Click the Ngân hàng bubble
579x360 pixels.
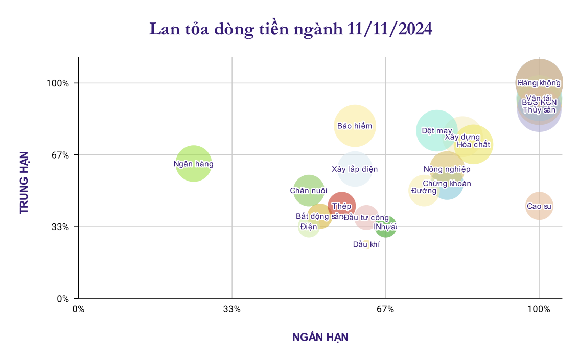194,164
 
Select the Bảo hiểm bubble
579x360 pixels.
355,126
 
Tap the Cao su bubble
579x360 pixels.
539,206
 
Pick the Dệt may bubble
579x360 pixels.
436,130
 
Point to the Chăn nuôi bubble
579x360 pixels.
309,190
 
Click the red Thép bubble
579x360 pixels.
341,206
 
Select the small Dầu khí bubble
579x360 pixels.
366,244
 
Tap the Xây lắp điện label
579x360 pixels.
355,169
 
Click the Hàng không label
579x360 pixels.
539,82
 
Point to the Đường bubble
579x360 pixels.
424,191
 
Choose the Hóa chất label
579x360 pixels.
473,144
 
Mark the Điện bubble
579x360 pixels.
309,227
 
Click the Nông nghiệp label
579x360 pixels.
447,169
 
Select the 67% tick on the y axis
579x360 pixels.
65,155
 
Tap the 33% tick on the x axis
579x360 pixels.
232,309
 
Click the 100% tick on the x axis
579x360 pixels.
539,309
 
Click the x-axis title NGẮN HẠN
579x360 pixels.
320,337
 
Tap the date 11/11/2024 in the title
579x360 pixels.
390,29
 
